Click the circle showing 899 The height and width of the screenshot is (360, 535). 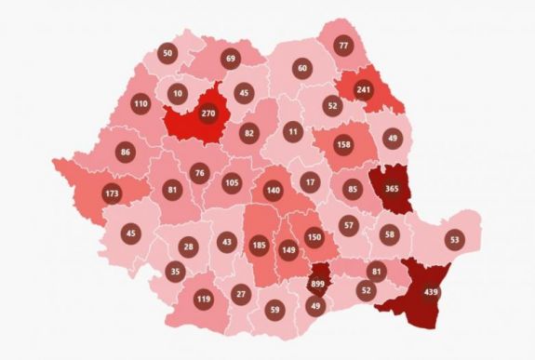(318, 286)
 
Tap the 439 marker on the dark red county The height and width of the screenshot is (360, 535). (432, 293)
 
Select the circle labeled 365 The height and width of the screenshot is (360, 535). (392, 189)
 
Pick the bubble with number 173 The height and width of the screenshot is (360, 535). (113, 193)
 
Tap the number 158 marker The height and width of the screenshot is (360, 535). (341, 145)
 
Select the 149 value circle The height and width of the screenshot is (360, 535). (288, 247)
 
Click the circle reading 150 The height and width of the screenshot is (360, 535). (314, 239)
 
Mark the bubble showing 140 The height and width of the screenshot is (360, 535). (273, 191)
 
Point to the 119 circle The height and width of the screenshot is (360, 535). (204, 300)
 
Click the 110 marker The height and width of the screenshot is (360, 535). (140, 103)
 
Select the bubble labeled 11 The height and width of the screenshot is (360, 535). (293, 131)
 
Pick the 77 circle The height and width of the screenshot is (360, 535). (343, 46)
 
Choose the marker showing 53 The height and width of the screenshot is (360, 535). (454, 240)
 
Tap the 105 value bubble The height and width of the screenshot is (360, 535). (232, 181)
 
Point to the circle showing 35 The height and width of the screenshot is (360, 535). (175, 272)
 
